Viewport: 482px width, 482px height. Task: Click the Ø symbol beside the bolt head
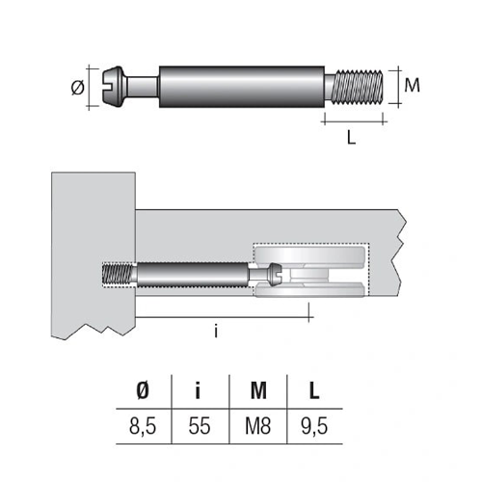pyautogui.click(x=77, y=87)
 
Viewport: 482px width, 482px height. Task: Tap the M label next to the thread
pyautogui.click(x=412, y=85)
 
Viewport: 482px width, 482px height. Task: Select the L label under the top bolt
pyautogui.click(x=352, y=138)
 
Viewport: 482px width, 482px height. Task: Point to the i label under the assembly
pyautogui.click(x=216, y=331)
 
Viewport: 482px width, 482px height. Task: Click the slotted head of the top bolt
pyautogui.click(x=114, y=87)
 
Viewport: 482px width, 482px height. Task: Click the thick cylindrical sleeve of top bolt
pyautogui.click(x=242, y=87)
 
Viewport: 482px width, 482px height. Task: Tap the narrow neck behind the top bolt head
pyautogui.click(x=143, y=87)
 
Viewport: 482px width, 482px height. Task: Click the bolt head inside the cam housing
pyautogui.click(x=275, y=275)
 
